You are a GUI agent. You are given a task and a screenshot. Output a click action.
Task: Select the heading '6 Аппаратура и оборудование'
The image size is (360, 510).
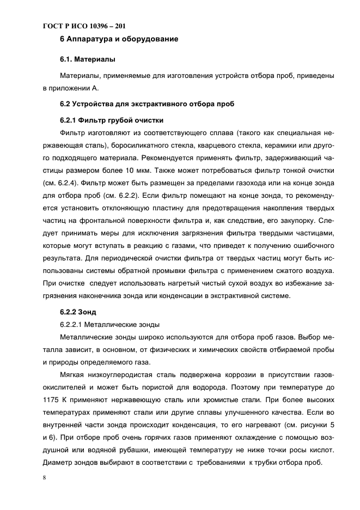pos(119,39)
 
